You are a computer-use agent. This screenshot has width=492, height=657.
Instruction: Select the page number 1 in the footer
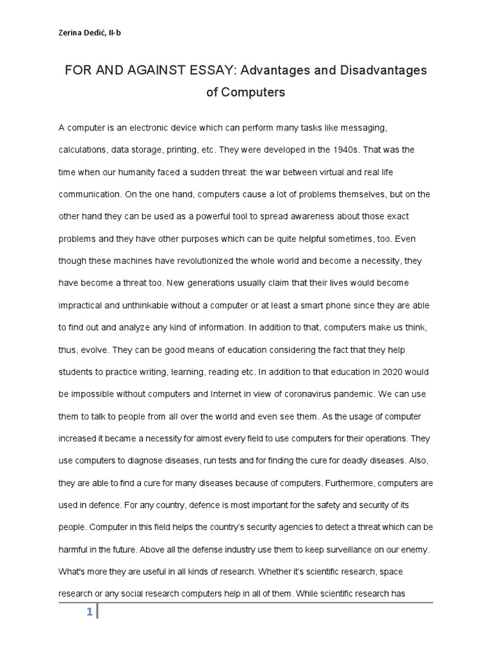pyautogui.click(x=90, y=613)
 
